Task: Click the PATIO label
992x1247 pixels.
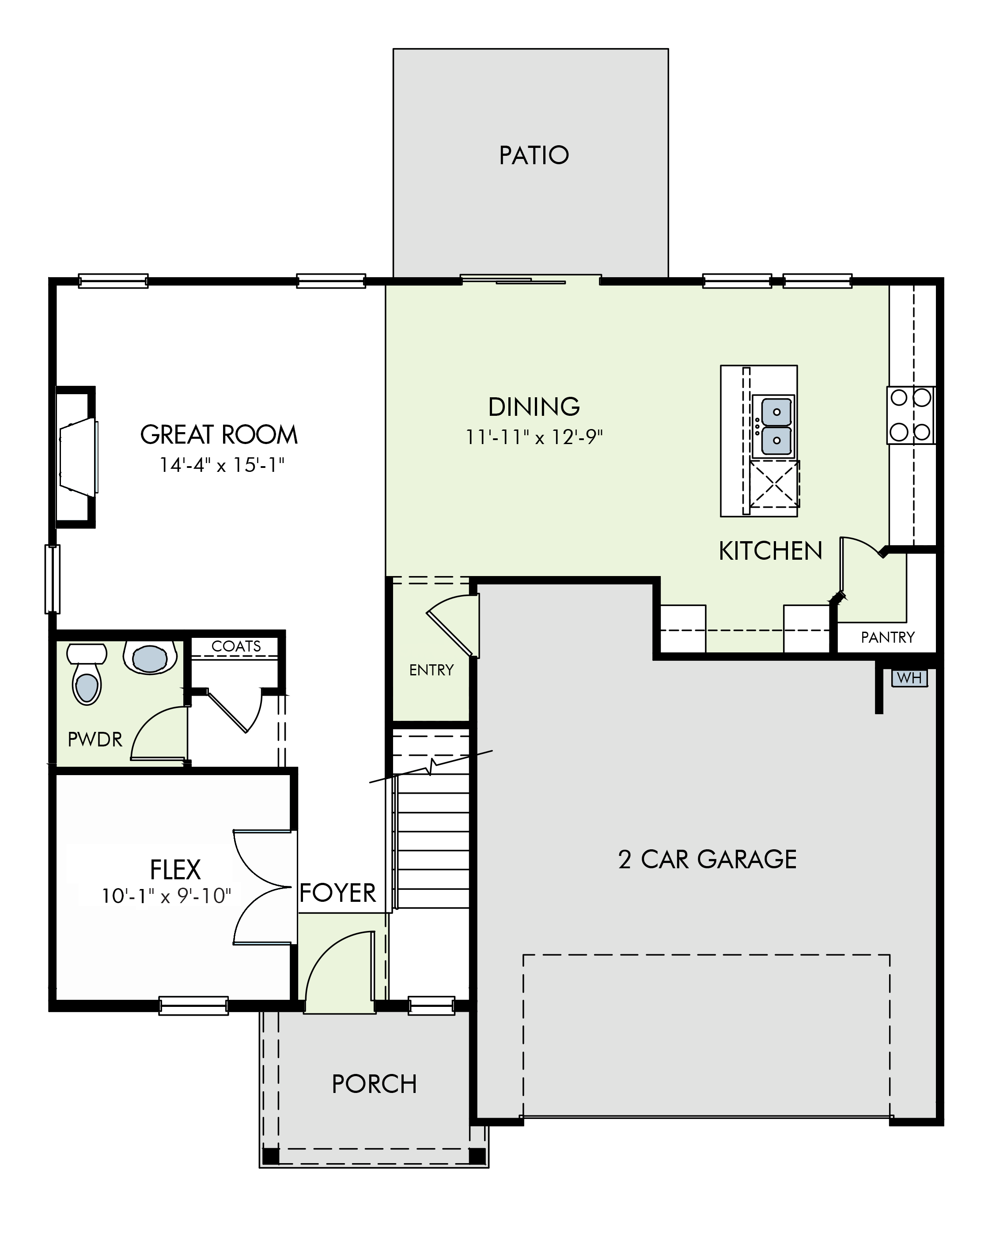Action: pyautogui.click(x=534, y=155)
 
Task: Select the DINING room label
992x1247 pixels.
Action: pyautogui.click(x=534, y=407)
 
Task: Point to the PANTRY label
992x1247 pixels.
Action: pyautogui.click(x=887, y=637)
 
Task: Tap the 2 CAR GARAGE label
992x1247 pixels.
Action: pyautogui.click(x=707, y=859)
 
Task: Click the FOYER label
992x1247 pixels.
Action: pyautogui.click(x=337, y=893)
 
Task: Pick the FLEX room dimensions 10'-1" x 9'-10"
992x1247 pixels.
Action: pyautogui.click(x=167, y=896)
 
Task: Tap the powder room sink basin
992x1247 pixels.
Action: pyautogui.click(x=150, y=658)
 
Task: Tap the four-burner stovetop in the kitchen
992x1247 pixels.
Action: pyautogui.click(x=910, y=415)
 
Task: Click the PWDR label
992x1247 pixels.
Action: pyautogui.click(x=95, y=739)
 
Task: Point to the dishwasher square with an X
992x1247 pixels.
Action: pyautogui.click(x=774, y=484)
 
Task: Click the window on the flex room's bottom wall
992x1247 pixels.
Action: pyautogui.click(x=193, y=1006)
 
